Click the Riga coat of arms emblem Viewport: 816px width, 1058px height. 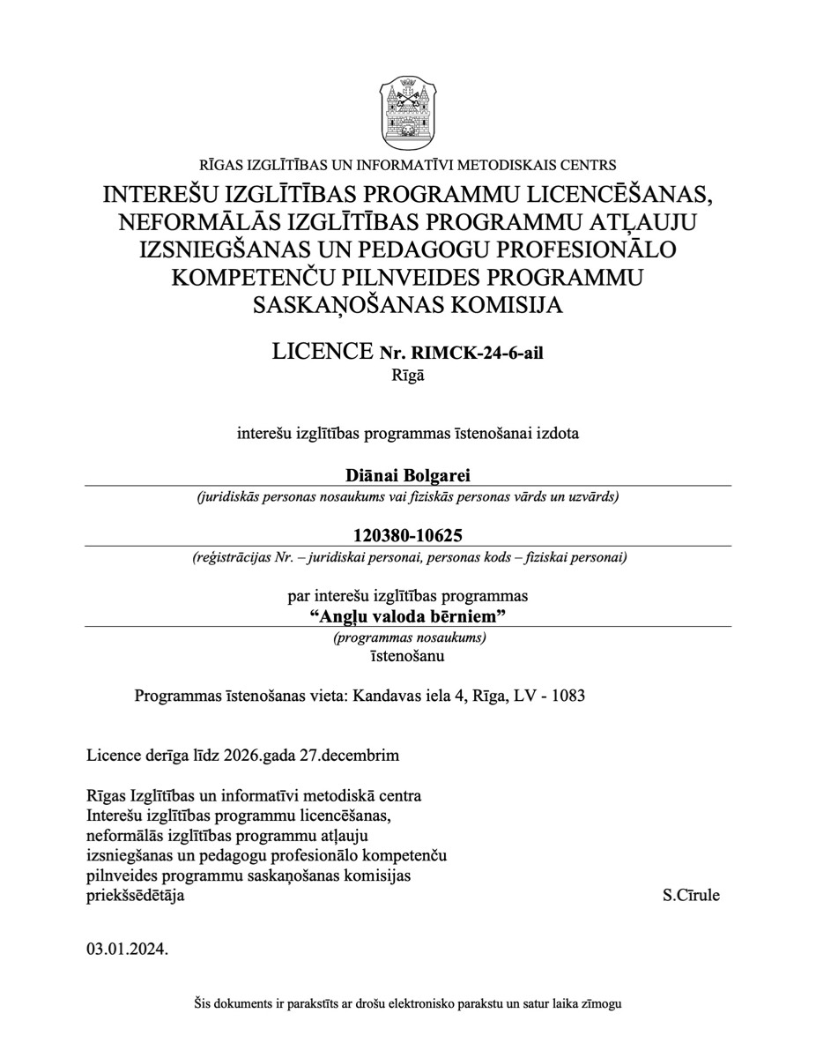click(407, 112)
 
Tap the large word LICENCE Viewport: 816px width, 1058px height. click(323, 352)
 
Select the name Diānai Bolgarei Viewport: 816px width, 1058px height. click(407, 475)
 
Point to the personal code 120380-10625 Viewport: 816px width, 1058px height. click(407, 535)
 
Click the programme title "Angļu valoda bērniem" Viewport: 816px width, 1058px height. click(407, 615)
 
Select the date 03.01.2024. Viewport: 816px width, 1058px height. click(127, 950)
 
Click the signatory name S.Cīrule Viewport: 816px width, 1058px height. click(691, 896)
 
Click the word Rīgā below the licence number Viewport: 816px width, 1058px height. click(407, 375)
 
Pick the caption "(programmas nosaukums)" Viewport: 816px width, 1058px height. click(409, 637)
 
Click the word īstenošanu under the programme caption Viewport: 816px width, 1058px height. click(407, 656)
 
